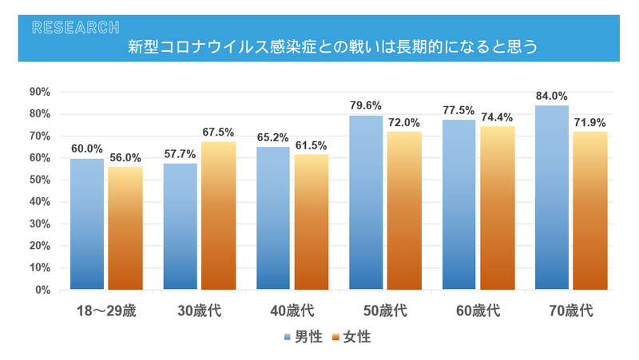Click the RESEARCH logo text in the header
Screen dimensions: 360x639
(76, 27)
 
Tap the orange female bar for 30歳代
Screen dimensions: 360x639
(218, 216)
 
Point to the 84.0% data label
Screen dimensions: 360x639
(552, 97)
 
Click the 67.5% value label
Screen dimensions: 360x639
(218, 133)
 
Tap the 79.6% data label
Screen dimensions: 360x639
(366, 106)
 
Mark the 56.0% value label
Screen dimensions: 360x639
(125, 158)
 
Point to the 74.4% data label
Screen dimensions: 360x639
(498, 117)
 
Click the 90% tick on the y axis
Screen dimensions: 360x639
(39, 92)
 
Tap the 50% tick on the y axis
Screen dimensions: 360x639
(39, 180)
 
